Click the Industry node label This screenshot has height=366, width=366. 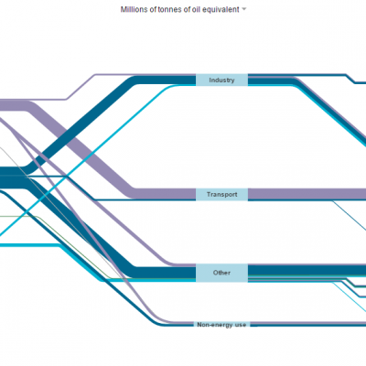coord(221,80)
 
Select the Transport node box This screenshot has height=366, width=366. coord(221,194)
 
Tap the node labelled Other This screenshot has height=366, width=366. coord(221,273)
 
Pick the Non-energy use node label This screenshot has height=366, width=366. coord(221,325)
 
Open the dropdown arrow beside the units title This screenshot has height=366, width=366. coord(243,9)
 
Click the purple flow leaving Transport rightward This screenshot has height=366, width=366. coord(307,194)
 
